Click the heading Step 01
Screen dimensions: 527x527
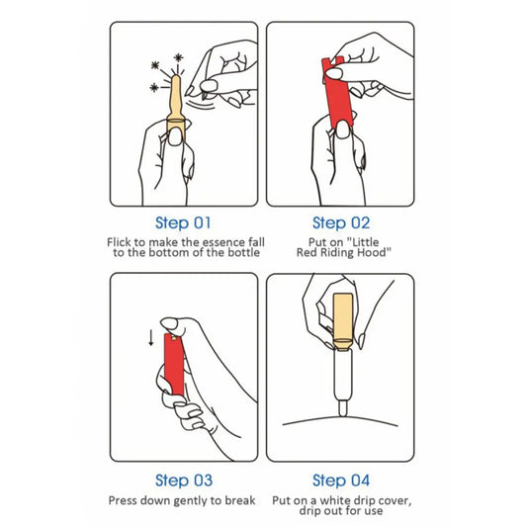[183, 223]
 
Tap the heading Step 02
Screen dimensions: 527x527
[341, 223]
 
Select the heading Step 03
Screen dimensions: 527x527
[184, 481]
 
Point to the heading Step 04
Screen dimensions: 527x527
[341, 481]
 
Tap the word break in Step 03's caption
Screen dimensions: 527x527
[240, 500]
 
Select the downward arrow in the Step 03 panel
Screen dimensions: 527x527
[151, 337]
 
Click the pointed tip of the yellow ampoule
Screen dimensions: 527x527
[176, 77]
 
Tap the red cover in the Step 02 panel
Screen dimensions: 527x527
[337, 92]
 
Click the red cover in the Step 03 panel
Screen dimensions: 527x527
[174, 364]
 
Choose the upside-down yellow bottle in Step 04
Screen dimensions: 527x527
[343, 321]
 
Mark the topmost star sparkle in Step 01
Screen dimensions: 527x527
[178, 57]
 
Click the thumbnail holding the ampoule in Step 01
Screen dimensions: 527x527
[174, 137]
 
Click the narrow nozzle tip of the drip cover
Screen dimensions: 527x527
[343, 408]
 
